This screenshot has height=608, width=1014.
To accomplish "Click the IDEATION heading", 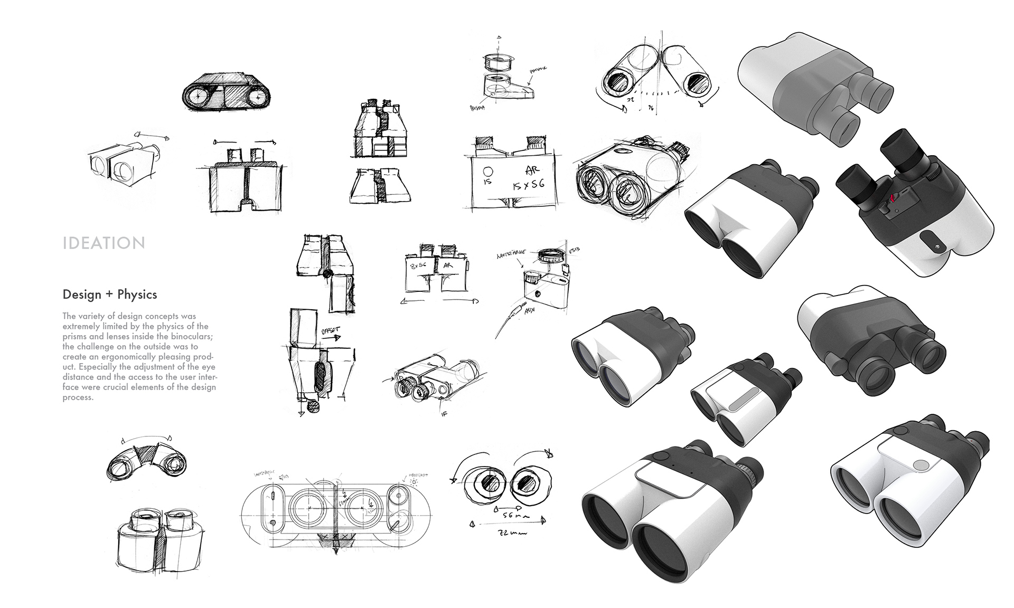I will coord(104,243).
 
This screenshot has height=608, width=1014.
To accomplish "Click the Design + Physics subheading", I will coord(110,294).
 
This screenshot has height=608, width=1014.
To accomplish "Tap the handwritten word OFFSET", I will coord(330,332).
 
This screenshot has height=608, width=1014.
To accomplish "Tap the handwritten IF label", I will coord(444,414).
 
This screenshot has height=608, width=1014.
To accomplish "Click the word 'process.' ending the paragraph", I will coord(78,397).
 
